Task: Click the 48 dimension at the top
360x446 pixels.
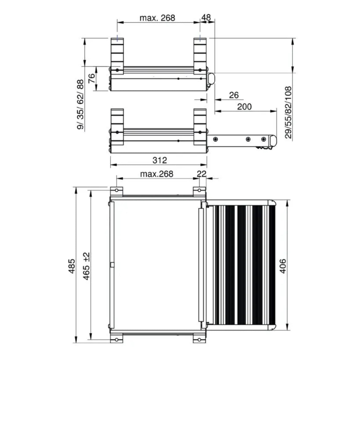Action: (x=206, y=18)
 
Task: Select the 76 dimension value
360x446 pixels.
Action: (x=92, y=78)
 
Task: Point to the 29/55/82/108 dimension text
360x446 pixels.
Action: (x=288, y=112)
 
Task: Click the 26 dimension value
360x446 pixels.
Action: (x=234, y=95)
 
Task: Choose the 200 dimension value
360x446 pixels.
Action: (x=244, y=107)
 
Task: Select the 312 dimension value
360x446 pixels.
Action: (x=160, y=160)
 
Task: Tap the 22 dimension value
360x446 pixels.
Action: (x=202, y=173)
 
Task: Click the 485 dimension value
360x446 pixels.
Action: (x=71, y=266)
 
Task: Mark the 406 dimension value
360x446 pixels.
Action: (x=283, y=266)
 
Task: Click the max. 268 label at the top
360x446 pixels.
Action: (x=157, y=18)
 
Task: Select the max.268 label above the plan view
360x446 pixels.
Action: (x=157, y=174)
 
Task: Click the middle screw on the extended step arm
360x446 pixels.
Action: (x=248, y=139)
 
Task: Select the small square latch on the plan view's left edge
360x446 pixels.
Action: (x=112, y=265)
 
